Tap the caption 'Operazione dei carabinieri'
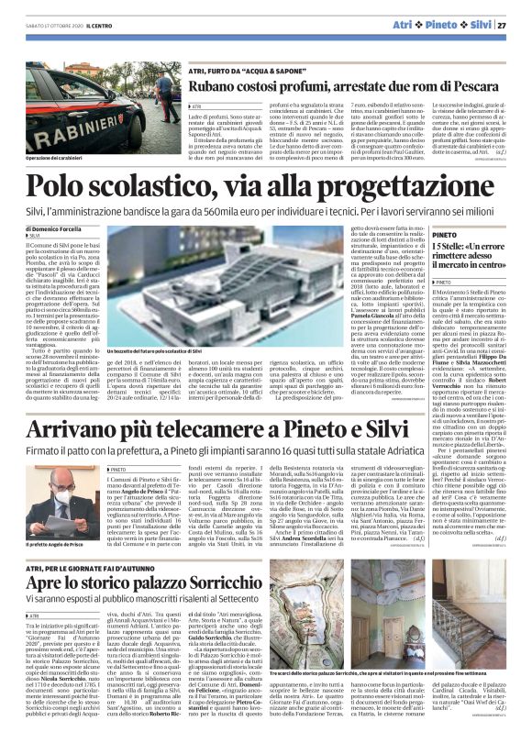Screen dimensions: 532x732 pos(61,159)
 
